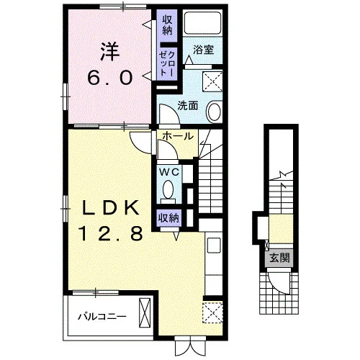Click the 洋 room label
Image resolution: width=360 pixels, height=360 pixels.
110,52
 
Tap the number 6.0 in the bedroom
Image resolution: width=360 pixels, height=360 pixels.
110,78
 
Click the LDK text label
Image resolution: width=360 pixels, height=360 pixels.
111,208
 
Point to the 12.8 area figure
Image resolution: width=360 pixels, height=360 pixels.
111,233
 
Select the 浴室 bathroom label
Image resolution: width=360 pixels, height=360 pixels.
203,50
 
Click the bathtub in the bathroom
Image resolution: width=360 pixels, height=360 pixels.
203,22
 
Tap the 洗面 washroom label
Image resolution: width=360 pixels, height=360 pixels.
188,105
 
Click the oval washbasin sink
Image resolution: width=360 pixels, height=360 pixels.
214,112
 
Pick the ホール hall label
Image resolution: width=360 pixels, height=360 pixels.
178,136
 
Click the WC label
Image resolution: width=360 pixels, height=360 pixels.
170,172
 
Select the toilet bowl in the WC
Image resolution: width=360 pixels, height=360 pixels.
168,189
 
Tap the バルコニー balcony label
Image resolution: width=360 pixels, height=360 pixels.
102,317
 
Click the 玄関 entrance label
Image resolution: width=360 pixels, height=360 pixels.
279,258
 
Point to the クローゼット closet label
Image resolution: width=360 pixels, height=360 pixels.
167,63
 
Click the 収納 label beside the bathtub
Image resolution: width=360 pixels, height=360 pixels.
167,25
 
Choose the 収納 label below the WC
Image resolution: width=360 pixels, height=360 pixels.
168,218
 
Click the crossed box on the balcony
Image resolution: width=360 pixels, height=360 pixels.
145,312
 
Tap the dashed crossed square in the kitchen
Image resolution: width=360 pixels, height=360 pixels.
213,312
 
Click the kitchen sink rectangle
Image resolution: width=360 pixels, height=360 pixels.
214,245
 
